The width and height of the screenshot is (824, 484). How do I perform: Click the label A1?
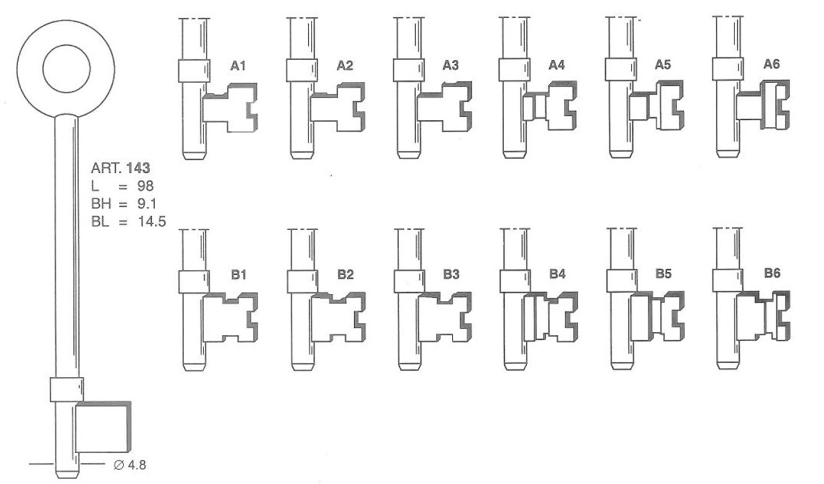pos(238,66)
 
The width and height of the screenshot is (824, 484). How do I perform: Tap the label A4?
pos(556,65)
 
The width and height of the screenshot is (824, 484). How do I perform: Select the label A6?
pos(771,64)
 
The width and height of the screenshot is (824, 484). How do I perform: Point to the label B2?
pos(346,275)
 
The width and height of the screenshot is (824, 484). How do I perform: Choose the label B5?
pos(663,274)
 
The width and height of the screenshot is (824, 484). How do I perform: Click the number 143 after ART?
pos(138,168)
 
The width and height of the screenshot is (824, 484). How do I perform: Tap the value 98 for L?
pos(145,186)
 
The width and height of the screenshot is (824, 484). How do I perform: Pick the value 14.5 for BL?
pos(152,221)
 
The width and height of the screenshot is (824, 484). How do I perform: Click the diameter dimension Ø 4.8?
pos(130,465)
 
